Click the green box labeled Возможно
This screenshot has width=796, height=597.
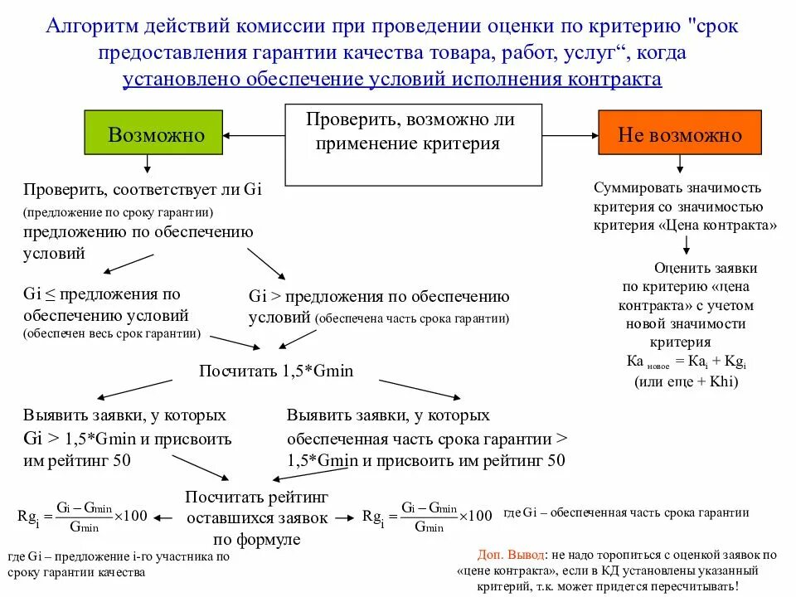[x=154, y=132]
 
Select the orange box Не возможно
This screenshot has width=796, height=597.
[x=679, y=132]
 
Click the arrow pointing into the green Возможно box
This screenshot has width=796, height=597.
[x=254, y=135]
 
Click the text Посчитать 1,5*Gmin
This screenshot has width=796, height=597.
[x=276, y=371]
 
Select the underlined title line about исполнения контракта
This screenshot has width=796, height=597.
[x=392, y=80]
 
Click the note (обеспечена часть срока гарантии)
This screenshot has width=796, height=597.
[x=411, y=318]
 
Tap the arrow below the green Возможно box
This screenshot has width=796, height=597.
[x=148, y=163]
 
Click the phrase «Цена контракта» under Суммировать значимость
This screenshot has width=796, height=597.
[x=721, y=225]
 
